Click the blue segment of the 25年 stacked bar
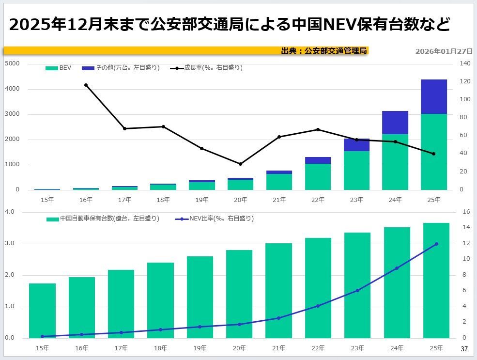[x=433, y=97]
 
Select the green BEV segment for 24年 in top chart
[x=395, y=162]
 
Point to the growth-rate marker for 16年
[x=86, y=85]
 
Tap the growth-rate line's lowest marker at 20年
[x=240, y=164]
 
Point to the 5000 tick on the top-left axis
[x=13, y=64]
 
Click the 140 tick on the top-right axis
[x=465, y=64]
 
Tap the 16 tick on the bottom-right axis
[x=465, y=212]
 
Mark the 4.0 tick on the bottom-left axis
[x=10, y=212]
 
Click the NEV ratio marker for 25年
[x=436, y=244]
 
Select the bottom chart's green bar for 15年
[x=43, y=311]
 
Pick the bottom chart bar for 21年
[x=278, y=291]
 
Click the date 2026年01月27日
[x=444, y=51]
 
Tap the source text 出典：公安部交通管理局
[x=324, y=51]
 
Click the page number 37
[x=464, y=349]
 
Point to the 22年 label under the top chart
[x=318, y=199]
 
